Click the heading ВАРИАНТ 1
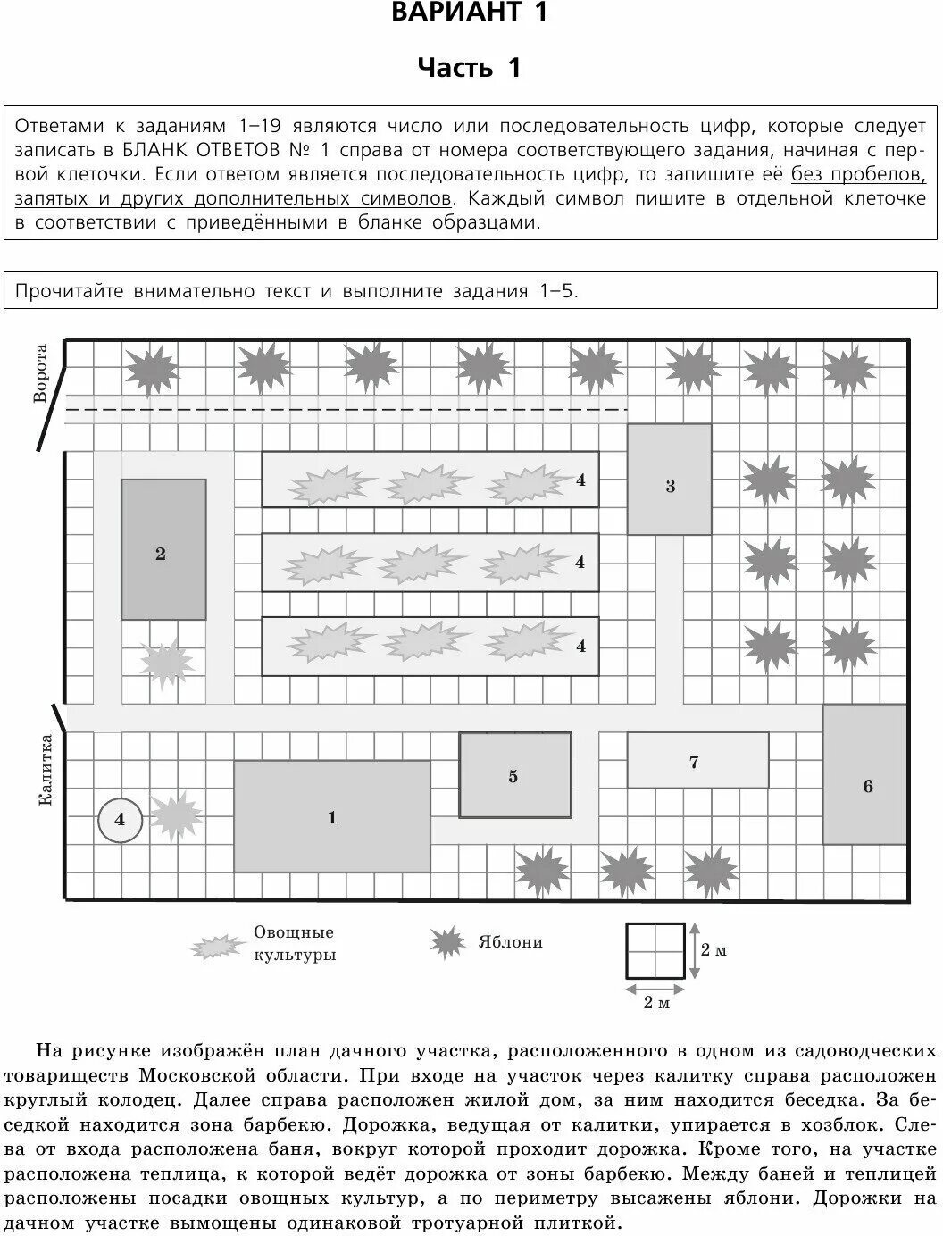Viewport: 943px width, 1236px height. pyautogui.click(x=470, y=13)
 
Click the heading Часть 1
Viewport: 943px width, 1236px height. pyautogui.click(x=470, y=68)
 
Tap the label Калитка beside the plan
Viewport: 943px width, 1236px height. pyautogui.click(x=45, y=770)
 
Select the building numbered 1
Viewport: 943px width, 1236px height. pyautogui.click(x=332, y=816)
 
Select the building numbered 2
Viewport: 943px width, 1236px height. pyautogui.click(x=163, y=549)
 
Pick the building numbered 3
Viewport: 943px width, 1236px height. pyautogui.click(x=670, y=480)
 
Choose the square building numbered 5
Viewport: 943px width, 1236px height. pyautogui.click(x=515, y=775)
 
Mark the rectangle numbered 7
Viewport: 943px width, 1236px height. pyautogui.click(x=697, y=760)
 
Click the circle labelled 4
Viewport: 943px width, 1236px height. pyautogui.click(x=120, y=819)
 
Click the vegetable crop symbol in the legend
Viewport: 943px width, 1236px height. pyautogui.click(x=218, y=947)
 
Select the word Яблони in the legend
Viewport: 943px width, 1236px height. pyautogui.click(x=510, y=942)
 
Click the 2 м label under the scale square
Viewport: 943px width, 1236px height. pyautogui.click(x=655, y=1003)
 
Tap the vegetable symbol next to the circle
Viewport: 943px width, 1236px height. pyautogui.click(x=176, y=814)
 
